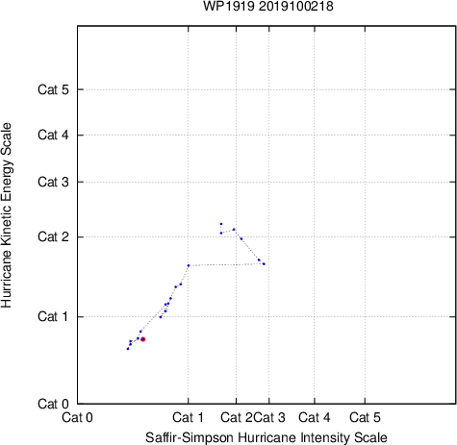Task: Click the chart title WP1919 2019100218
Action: pyautogui.click(x=268, y=6)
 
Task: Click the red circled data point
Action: pyautogui.click(x=143, y=339)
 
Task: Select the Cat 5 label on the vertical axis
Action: pyautogui.click(x=53, y=89)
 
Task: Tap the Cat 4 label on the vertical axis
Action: pyautogui.click(x=53, y=135)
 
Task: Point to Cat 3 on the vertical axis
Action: pyautogui.click(x=53, y=182)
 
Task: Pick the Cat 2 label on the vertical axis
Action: pyautogui.click(x=53, y=237)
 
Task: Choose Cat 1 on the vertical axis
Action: pyautogui.click(x=53, y=316)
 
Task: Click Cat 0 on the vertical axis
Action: pyautogui.click(x=53, y=404)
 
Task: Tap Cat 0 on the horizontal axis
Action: pyautogui.click(x=77, y=417)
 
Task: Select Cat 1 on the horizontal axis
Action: pyautogui.click(x=188, y=417)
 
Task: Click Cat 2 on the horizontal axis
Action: pyautogui.click(x=237, y=417)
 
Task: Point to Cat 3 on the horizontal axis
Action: pyautogui.click(x=269, y=417)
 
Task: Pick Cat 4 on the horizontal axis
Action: pyautogui.click(x=315, y=417)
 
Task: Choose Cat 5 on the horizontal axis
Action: pyautogui.click(x=365, y=417)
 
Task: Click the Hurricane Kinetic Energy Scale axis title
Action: pyautogui.click(x=7, y=215)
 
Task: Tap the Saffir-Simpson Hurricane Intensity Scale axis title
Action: pyautogui.click(x=267, y=437)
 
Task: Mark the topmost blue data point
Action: pyautogui.click(x=221, y=224)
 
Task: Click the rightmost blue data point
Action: pyautogui.click(x=264, y=264)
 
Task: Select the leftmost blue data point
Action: pyautogui.click(x=128, y=349)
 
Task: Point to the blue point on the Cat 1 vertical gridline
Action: pyautogui.click(x=189, y=265)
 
